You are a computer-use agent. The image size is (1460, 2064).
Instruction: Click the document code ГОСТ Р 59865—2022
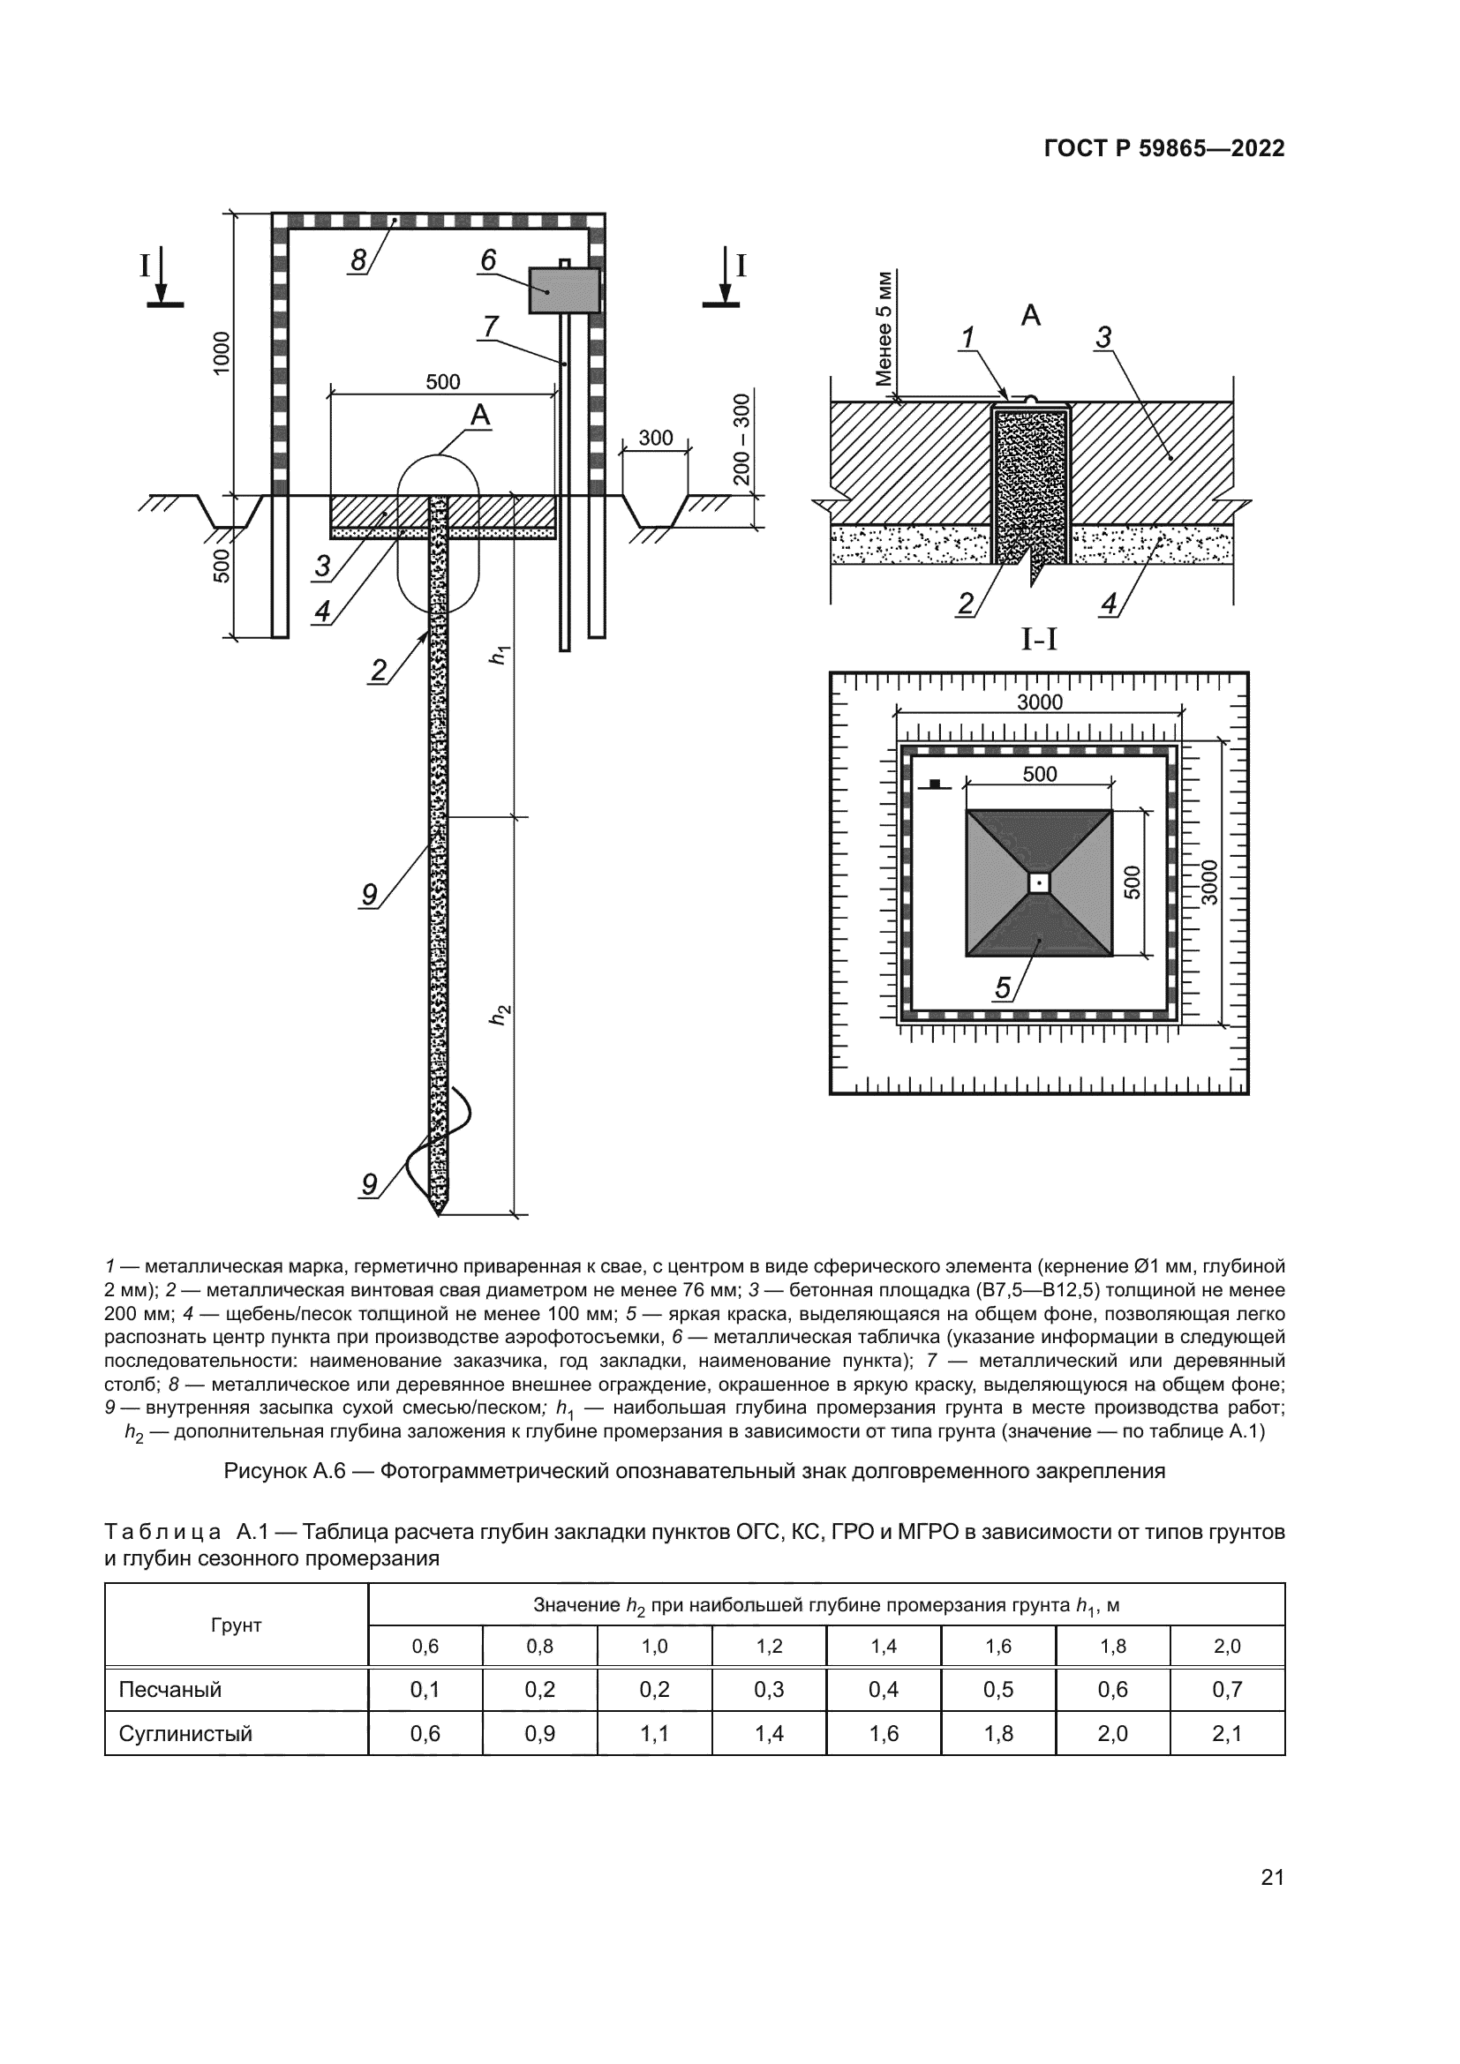tap(1164, 149)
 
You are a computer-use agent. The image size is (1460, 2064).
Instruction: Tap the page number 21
tap(1272, 1877)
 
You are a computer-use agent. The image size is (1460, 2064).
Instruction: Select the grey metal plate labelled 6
tap(564, 290)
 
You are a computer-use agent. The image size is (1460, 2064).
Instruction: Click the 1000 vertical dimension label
tap(222, 352)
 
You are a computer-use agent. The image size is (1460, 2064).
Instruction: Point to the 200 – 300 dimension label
tap(741, 439)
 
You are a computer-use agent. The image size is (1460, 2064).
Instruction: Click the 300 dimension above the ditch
tap(655, 438)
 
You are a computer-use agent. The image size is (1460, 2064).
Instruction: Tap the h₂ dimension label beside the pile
tap(500, 1014)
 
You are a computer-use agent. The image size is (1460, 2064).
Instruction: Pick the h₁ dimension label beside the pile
tap(500, 655)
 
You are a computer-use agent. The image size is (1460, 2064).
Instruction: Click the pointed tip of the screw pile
tap(439, 1212)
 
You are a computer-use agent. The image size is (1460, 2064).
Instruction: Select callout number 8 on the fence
tap(357, 260)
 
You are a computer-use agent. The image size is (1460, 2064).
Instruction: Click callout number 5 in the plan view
tap(1003, 988)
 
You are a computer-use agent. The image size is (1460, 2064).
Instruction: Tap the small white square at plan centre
tap(1039, 883)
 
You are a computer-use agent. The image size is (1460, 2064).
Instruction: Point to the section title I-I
tap(1039, 639)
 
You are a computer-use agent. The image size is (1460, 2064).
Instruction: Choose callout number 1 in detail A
tap(967, 338)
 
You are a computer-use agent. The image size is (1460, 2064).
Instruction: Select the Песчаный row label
tap(169, 1689)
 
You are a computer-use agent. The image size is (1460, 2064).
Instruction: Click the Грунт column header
tap(236, 1625)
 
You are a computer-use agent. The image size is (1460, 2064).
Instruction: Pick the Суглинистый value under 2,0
tap(1227, 1733)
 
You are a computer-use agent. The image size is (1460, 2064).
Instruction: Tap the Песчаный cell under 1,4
tap(884, 1689)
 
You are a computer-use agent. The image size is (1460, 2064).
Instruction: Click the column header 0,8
tap(539, 1646)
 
